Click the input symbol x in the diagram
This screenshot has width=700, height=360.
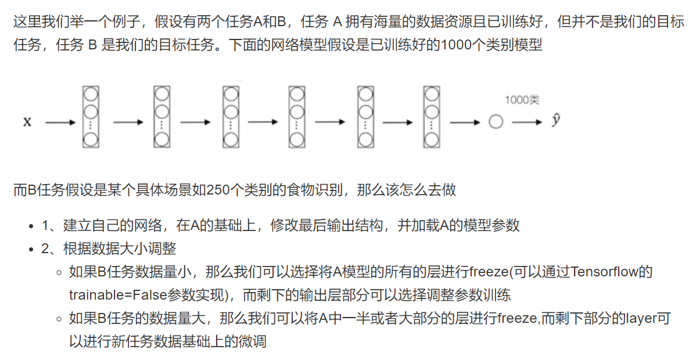(x=27, y=122)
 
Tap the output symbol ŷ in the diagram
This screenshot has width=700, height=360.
(x=556, y=121)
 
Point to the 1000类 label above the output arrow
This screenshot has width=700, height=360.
(x=522, y=100)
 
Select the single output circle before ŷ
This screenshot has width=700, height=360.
(x=496, y=122)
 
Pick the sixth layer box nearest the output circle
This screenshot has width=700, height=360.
(x=430, y=116)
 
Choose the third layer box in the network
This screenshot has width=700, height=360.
(x=231, y=116)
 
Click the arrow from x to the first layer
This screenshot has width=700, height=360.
(x=60, y=123)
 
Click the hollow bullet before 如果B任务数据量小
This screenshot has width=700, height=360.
(x=59, y=272)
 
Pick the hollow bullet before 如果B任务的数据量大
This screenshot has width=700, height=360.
(x=59, y=319)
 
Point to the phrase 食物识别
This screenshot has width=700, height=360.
(x=312, y=190)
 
